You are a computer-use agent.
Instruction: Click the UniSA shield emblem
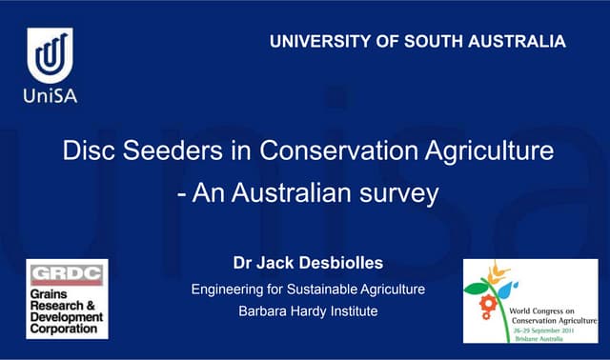[x=50, y=56]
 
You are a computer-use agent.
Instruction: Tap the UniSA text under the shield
[x=50, y=95]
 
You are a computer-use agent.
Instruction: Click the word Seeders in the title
[x=180, y=151]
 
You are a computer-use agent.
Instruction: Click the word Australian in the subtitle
[x=277, y=193]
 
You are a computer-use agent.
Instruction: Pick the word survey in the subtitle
[x=399, y=193]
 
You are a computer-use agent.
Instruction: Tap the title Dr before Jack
[x=243, y=262]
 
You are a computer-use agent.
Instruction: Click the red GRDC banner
[x=66, y=276]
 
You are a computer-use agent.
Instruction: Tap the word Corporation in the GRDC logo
[x=63, y=329]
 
